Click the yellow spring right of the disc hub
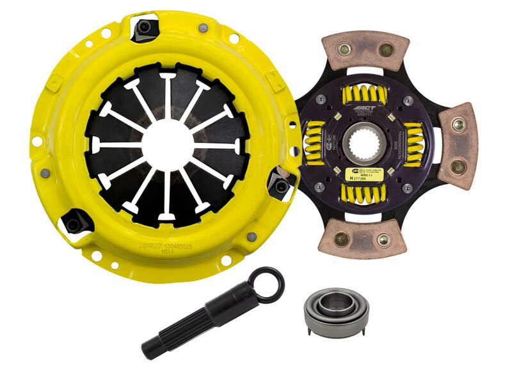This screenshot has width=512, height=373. (x=415, y=144)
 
